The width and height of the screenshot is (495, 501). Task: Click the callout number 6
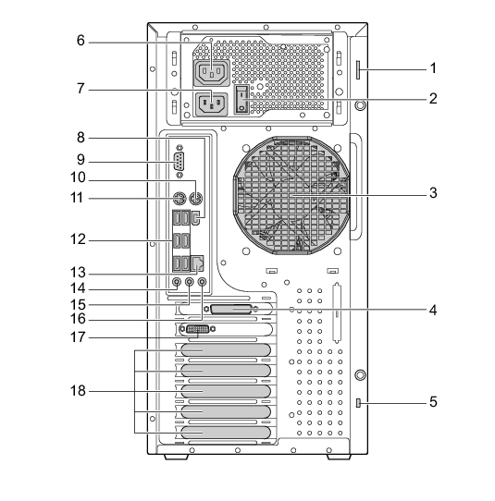80,41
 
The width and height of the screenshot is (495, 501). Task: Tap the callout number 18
78,390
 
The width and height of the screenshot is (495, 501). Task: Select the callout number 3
433,192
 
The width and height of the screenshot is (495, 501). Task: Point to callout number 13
78,273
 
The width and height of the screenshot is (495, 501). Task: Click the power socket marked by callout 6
211,73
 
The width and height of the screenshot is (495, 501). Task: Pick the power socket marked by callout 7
211,104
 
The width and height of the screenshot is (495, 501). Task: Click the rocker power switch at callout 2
241,99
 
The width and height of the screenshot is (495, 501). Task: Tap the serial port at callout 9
179,162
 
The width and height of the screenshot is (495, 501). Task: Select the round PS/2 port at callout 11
179,199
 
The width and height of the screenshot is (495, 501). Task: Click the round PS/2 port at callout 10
195,199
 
